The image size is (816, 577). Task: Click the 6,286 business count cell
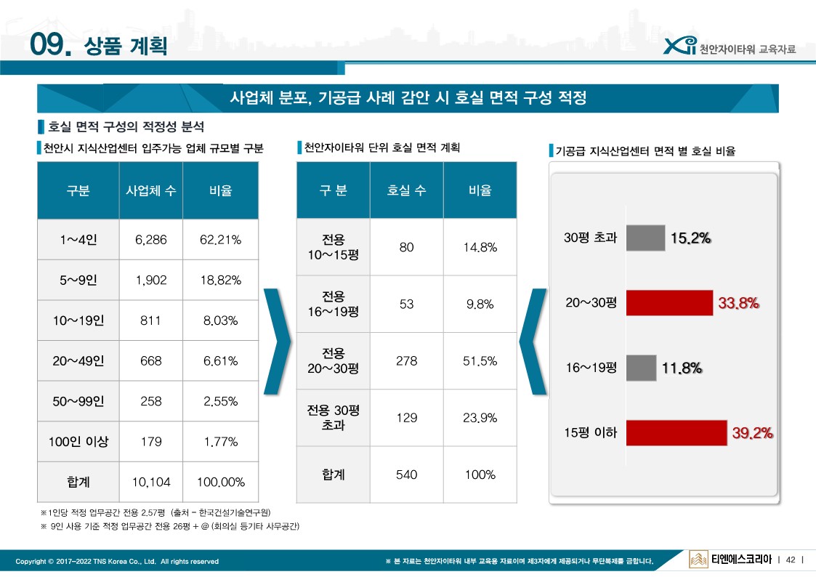150,240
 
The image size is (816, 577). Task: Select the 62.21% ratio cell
220,240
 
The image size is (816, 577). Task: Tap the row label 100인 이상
78,441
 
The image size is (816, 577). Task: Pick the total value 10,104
150,482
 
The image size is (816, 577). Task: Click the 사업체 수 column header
150,191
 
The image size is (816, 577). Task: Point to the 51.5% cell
480,361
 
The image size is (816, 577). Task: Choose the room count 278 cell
406,361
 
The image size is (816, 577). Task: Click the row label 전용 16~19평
334,304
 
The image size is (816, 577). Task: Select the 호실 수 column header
406,190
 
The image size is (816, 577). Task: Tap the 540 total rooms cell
406,475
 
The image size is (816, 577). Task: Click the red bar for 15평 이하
676,432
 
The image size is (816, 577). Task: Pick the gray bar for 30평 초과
645,238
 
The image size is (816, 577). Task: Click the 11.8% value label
682,368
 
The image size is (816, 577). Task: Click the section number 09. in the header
51,46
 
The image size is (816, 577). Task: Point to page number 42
791,560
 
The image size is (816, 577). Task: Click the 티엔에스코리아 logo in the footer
730,560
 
